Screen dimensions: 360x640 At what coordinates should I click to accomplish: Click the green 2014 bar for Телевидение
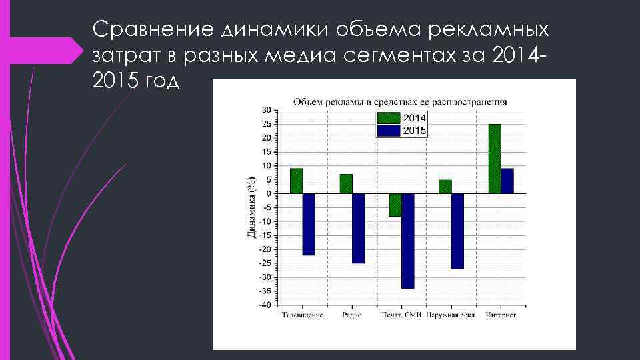[x=297, y=181]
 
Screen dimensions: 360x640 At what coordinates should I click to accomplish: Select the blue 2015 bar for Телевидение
[x=309, y=224]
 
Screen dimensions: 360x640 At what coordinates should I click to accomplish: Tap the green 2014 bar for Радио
[x=346, y=183]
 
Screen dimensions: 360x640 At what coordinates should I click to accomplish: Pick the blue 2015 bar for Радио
[x=359, y=228]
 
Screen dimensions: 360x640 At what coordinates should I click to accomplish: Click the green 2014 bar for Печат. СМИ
[x=395, y=205]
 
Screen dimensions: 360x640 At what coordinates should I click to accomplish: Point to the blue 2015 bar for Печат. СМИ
[x=408, y=241]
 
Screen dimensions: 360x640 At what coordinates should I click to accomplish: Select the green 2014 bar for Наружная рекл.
[x=445, y=187]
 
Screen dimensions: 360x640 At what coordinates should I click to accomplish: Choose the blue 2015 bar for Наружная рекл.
[x=457, y=231]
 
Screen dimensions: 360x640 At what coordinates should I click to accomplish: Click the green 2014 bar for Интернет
[x=495, y=159]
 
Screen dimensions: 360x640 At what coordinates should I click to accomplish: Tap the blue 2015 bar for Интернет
[x=507, y=181]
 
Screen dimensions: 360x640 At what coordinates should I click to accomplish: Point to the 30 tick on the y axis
[x=266, y=110]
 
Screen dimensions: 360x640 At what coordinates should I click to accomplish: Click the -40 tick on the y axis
[x=265, y=305]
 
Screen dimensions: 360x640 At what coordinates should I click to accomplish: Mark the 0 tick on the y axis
[x=268, y=193]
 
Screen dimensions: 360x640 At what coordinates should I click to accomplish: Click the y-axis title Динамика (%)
[x=251, y=207]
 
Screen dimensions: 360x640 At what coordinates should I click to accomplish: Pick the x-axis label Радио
[x=352, y=315]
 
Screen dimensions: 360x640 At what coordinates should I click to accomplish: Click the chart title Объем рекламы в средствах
[x=400, y=102]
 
